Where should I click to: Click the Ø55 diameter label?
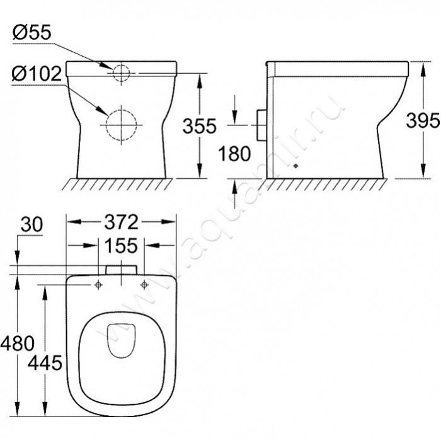tap(31, 32)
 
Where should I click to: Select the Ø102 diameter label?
tap(37, 74)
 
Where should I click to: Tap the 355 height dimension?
tap(200, 126)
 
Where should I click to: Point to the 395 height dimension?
tap(423, 120)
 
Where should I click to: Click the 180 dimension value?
tap(234, 154)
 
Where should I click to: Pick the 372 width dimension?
tap(121, 222)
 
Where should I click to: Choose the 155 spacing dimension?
tap(121, 246)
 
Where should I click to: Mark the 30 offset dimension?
tap(31, 224)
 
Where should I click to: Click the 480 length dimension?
tap(18, 343)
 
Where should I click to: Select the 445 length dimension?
tap(45, 362)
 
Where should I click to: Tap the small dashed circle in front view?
tap(121, 73)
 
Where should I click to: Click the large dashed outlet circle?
tap(121, 125)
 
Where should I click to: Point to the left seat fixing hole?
tap(98, 285)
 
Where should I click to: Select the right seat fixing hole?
tap(144, 285)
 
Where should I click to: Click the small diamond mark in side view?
tap(295, 166)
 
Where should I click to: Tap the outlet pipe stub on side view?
tap(261, 125)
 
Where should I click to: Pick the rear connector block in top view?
tap(121, 270)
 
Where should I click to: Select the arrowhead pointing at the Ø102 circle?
tap(103, 111)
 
